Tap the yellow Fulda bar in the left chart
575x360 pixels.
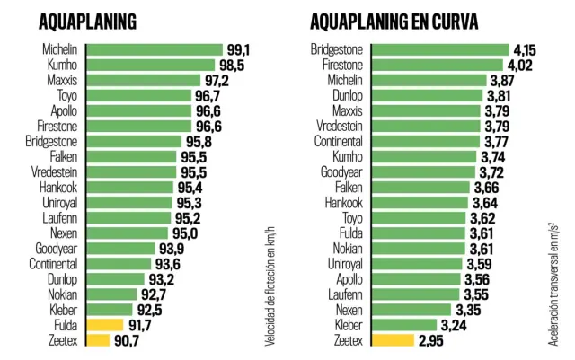[x=105, y=325]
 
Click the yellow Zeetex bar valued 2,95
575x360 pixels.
[x=391, y=340]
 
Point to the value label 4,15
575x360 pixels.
[x=524, y=50]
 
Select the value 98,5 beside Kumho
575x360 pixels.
[x=230, y=66]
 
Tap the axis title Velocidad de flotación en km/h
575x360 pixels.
[x=269, y=284]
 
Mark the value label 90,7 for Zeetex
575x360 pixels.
[x=126, y=340]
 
